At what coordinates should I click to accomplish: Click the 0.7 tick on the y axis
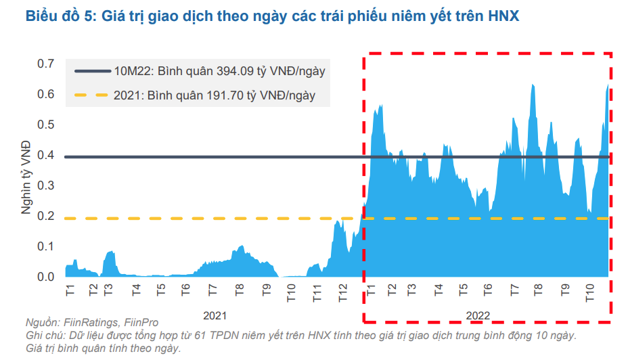(x=45, y=64)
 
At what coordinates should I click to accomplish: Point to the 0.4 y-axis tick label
(x=45, y=155)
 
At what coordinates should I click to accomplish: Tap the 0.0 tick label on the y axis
(x=45, y=277)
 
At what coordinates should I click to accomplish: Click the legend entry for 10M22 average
(x=223, y=70)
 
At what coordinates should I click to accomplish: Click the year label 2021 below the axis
(x=215, y=315)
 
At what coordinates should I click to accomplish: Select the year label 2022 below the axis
(x=477, y=315)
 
